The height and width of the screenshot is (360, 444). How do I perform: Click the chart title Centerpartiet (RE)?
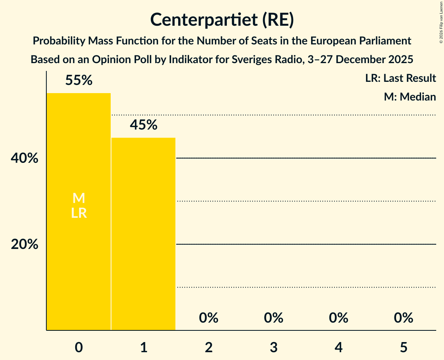pyautogui.click(x=222, y=20)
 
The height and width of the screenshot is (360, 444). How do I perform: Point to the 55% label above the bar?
pyautogui.click(x=79, y=81)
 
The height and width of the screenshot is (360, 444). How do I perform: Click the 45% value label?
pyautogui.click(x=143, y=125)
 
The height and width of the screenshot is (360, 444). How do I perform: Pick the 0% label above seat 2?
pyautogui.click(x=209, y=318)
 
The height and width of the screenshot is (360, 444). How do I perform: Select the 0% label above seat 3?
pyautogui.click(x=273, y=318)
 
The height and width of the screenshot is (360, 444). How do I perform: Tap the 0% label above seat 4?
pyautogui.click(x=338, y=318)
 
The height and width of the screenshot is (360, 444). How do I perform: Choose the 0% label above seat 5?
pyautogui.click(x=403, y=318)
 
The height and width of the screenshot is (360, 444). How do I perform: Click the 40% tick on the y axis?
pyautogui.click(x=25, y=159)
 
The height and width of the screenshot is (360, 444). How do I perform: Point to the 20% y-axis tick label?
pyautogui.click(x=25, y=244)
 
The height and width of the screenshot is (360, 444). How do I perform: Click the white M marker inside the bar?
pyautogui.click(x=79, y=198)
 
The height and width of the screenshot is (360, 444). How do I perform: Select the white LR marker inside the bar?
pyautogui.click(x=79, y=213)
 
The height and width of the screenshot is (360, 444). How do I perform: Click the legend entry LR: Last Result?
pyautogui.click(x=400, y=78)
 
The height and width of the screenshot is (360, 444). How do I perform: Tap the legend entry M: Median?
pyautogui.click(x=410, y=97)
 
